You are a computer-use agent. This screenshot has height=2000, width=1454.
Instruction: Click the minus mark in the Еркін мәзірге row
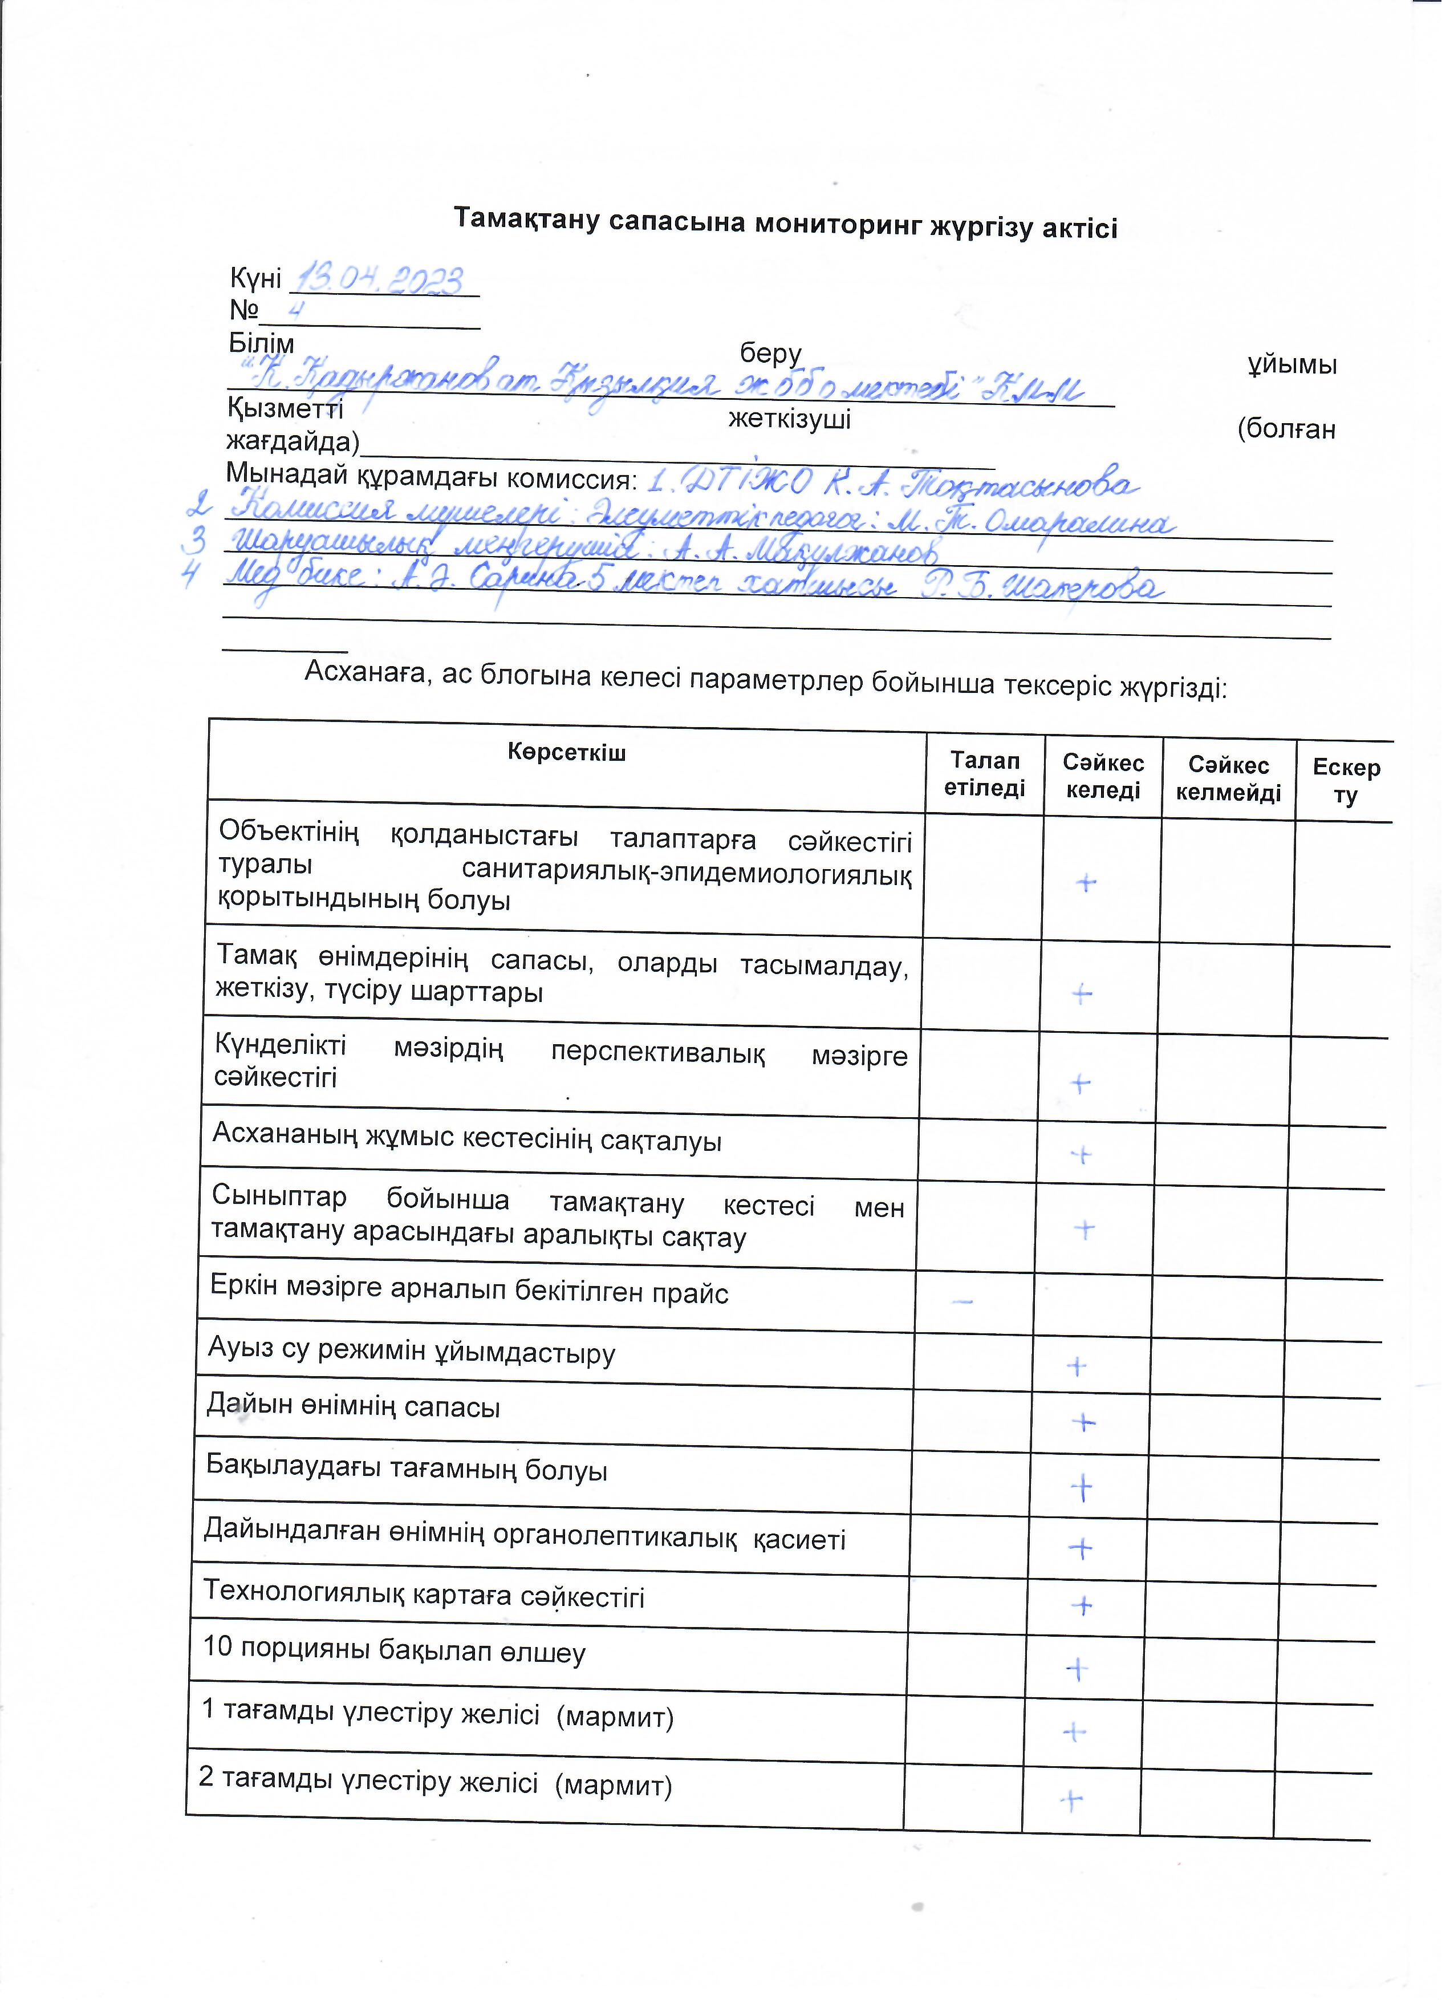[x=964, y=1301]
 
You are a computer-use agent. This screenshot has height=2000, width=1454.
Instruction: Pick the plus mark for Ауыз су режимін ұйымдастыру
[x=1077, y=1367]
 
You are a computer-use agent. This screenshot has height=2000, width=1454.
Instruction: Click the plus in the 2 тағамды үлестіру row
[x=1071, y=1800]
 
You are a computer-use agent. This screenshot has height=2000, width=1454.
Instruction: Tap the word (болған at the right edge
[x=1286, y=429]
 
